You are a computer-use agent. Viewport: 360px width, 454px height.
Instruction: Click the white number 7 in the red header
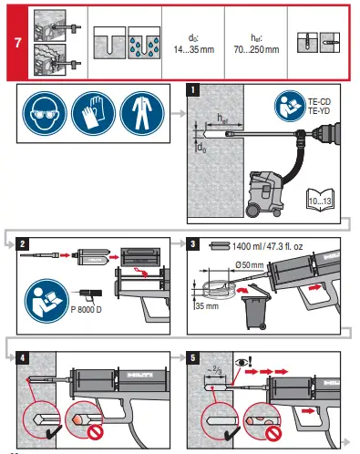(x=17, y=43)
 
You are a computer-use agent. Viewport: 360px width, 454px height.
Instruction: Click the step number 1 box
(x=192, y=91)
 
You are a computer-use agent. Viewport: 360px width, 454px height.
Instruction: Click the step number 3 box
(x=192, y=245)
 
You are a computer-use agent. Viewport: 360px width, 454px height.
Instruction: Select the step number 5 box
(x=192, y=356)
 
